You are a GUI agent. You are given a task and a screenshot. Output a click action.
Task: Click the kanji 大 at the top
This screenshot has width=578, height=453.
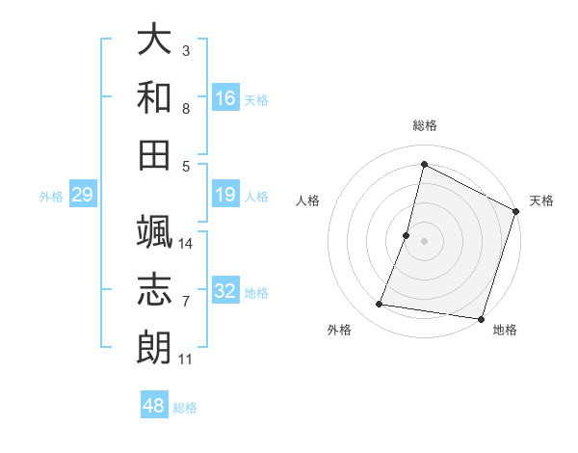click(x=154, y=41)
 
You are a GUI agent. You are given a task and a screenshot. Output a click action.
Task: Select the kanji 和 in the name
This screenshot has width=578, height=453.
click(x=154, y=97)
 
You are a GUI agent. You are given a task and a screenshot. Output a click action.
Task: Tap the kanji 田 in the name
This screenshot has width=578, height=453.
click(x=154, y=153)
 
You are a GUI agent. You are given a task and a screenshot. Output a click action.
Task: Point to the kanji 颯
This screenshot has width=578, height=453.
click(x=154, y=232)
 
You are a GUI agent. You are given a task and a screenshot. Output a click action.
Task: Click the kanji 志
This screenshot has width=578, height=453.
click(x=154, y=290)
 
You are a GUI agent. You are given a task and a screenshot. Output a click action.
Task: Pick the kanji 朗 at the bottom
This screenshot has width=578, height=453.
click(x=154, y=347)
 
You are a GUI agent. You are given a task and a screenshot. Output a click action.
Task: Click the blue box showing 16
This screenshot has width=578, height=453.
click(x=225, y=98)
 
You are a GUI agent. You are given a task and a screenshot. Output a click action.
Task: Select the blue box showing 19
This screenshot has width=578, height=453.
click(x=225, y=196)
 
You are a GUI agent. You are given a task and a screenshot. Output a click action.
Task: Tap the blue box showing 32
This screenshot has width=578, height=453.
click(x=225, y=291)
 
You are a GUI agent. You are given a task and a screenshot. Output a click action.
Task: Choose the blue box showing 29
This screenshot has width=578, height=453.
click(x=83, y=196)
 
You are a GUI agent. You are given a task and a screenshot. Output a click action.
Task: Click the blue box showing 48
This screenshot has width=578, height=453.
click(x=154, y=406)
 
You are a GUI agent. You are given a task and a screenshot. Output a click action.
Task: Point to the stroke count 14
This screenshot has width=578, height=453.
click(x=187, y=244)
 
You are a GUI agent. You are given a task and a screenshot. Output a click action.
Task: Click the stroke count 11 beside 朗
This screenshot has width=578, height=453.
click(x=186, y=360)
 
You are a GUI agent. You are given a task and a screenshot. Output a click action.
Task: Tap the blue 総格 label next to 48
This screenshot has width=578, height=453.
click(x=185, y=408)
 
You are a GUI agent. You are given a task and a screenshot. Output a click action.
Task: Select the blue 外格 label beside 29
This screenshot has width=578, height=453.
click(x=51, y=197)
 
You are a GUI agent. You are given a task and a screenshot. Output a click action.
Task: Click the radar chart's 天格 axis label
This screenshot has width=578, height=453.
click(x=542, y=200)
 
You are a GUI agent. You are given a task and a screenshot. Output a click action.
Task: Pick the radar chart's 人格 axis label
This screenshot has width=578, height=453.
click(x=307, y=200)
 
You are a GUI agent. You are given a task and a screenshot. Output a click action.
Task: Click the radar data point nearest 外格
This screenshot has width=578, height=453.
click(x=380, y=305)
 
